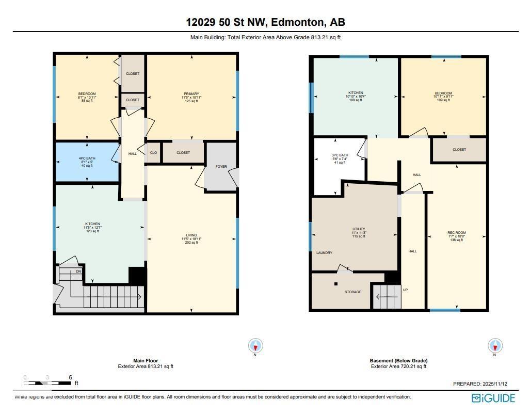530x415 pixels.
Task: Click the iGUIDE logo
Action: click(x=493, y=398)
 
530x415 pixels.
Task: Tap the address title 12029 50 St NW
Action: click(x=265, y=22)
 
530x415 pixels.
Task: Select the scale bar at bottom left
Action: click(x=47, y=383)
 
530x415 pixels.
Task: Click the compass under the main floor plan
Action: click(x=255, y=346)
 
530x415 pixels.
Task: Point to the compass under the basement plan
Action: click(x=495, y=346)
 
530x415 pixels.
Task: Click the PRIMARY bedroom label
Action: click(x=191, y=94)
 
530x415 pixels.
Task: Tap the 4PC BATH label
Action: click(x=87, y=158)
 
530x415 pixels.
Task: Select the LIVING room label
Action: click(x=191, y=235)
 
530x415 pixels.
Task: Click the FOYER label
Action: click(x=221, y=167)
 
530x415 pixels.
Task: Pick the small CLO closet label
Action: click(x=153, y=153)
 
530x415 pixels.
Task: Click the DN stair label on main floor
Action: click(x=78, y=271)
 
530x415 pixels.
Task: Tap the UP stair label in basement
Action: click(x=405, y=290)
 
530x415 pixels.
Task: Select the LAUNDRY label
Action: click(x=324, y=253)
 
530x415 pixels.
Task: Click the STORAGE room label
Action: click(x=352, y=292)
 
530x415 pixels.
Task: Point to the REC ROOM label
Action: click(x=456, y=233)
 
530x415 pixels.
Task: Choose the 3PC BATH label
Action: click(x=340, y=155)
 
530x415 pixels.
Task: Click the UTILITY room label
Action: click(x=359, y=229)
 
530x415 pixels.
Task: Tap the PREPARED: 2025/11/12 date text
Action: click(x=480, y=384)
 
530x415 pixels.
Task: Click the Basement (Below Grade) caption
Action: click(x=398, y=361)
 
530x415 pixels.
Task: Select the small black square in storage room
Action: click(x=336, y=284)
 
